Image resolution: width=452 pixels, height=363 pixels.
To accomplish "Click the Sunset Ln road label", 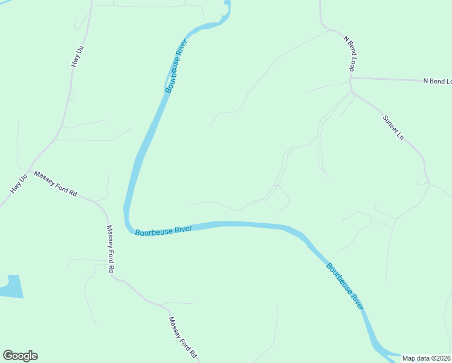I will tap(393, 126).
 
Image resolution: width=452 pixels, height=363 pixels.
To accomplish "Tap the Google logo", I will tap(20, 356).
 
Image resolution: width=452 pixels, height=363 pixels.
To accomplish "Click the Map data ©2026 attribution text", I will tap(426, 358).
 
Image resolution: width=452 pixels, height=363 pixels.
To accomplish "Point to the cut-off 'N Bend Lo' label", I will tap(437, 81).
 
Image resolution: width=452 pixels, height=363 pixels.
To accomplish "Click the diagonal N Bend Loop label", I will tap(348, 53).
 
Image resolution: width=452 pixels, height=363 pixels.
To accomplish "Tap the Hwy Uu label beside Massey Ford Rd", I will tap(19, 185).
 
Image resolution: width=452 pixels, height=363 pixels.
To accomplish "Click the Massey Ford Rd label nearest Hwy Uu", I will tap(56, 184).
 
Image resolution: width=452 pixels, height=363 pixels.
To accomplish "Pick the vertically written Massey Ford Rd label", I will tap(111, 249).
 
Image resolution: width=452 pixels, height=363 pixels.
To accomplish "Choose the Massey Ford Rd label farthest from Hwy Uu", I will tap(182, 336).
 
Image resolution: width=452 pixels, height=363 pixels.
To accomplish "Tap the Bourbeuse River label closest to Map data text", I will tap(345, 286).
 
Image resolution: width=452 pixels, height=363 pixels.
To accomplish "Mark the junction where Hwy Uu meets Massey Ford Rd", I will tap(28, 169).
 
